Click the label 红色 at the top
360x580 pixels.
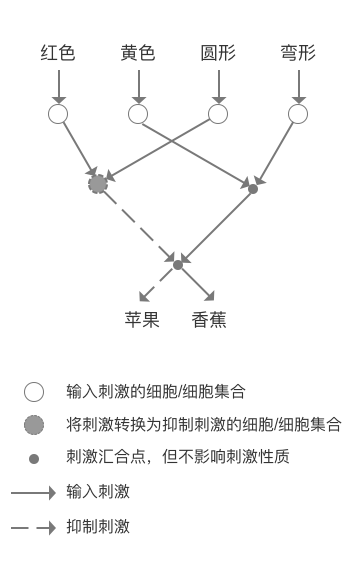tap(58, 53)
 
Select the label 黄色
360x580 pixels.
tap(138, 53)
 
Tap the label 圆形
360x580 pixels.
tap(218, 53)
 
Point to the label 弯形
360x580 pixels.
tap(298, 53)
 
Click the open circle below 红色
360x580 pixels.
tap(58, 114)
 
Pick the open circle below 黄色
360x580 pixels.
tap(138, 114)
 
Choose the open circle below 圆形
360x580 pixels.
tap(218, 114)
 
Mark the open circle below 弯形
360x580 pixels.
tap(298, 114)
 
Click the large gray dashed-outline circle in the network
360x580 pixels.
tap(98, 184)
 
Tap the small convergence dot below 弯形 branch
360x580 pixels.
tap(253, 188)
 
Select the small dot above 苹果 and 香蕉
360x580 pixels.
tap(178, 264)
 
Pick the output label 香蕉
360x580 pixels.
tap(210, 321)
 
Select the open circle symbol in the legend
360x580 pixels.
tap(34, 391)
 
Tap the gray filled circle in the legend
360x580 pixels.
tap(34, 425)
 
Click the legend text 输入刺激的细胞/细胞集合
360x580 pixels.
tap(156, 391)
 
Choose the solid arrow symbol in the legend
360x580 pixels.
tap(33, 492)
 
